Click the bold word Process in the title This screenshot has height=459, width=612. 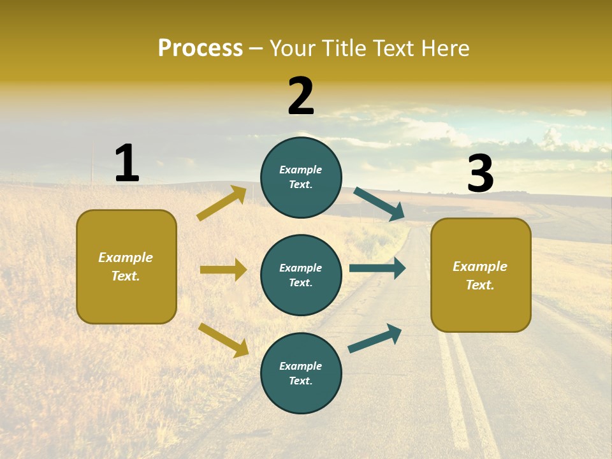pos(200,48)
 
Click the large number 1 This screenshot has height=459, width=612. pos(127,163)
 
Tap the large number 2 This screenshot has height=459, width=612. pos(301,96)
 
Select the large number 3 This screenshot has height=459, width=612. pos(480,174)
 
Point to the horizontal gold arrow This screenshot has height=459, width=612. pos(223,270)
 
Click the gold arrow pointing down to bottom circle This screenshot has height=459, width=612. pos(223,340)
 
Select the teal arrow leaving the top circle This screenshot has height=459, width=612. pos(379,204)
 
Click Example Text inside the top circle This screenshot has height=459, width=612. pos(301,177)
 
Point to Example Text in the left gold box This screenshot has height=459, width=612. pos(126,266)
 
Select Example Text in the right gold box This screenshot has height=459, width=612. pos(480,275)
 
